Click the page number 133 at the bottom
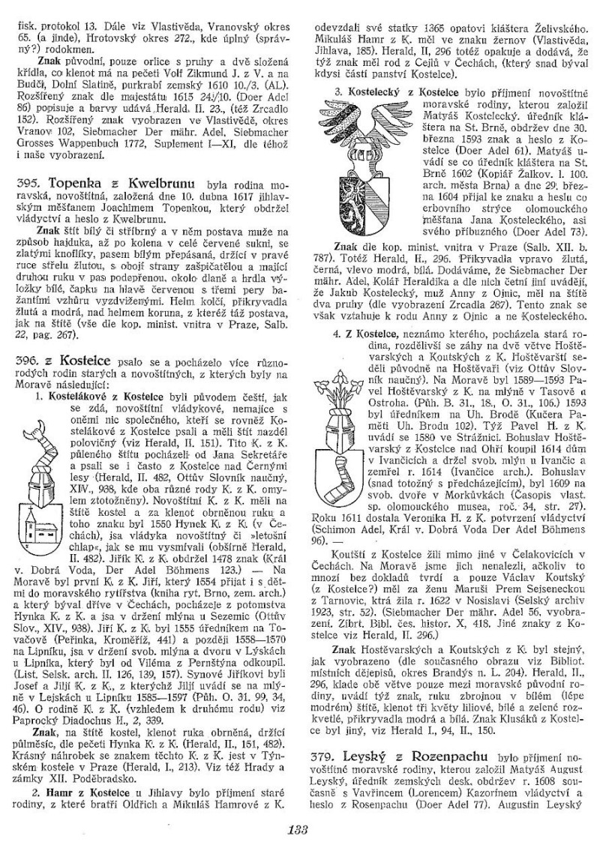point(298,827)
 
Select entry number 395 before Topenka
point(28,182)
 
